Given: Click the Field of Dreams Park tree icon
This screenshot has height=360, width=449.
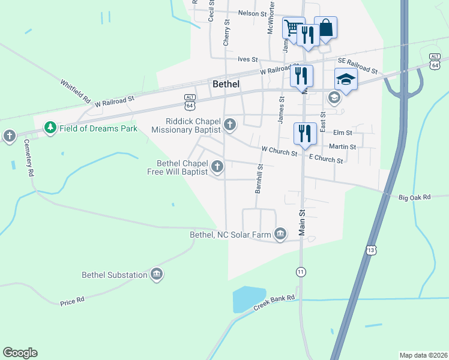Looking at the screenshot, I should tap(50, 128).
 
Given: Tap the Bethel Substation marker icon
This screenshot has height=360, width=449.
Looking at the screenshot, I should tap(157, 275).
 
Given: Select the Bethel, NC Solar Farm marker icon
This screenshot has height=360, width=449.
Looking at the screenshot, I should tap(280, 234).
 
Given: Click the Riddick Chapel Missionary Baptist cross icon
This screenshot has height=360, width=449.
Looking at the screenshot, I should tap(229, 125).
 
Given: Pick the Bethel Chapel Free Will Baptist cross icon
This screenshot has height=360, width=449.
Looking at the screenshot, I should tap(217, 167).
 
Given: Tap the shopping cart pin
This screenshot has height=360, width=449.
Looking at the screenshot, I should tap(292, 27).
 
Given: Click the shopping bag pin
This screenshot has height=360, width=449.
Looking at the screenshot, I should tap(325, 27).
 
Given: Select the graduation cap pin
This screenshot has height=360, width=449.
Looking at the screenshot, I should tap(346, 79).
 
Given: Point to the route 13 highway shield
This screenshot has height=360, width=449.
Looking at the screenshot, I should tap(371, 249).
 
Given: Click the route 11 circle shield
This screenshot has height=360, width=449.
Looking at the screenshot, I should tap(301, 272).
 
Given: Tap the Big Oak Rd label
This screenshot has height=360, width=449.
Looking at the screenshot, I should tap(415, 197).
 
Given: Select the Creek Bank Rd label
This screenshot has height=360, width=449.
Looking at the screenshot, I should tap(274, 302).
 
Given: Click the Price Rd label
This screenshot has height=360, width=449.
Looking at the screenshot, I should tap(72, 301).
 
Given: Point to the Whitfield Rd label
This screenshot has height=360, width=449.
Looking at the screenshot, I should tap(75, 91).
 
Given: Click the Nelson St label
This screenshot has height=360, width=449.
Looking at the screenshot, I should tap(252, 13).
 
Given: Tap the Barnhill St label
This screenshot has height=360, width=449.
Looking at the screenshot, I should tap(260, 179).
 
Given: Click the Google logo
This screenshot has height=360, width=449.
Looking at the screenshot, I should tap(20, 353).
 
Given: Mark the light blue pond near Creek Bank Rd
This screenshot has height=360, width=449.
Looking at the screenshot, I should tap(247, 299).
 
